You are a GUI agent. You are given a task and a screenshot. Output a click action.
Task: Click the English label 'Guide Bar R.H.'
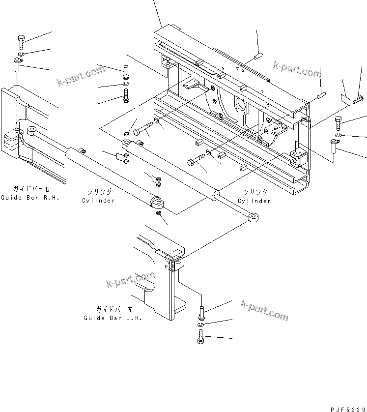pos(30,198)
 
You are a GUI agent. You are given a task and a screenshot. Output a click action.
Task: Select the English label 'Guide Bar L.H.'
pos(113,318)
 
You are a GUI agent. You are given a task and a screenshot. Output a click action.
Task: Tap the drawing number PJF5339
pos(348,410)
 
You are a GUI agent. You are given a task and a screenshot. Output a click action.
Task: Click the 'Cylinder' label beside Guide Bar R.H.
pos(98,201)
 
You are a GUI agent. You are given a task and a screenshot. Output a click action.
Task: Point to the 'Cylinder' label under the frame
pos(254,201)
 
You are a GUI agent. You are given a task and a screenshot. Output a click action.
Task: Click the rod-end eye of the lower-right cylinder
pos(254,217)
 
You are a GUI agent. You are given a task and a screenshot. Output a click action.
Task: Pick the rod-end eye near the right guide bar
pos(32,131)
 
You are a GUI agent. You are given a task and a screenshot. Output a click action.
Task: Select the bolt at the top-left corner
pos(21,42)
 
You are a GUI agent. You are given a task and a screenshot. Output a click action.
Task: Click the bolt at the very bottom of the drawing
pos(200,337)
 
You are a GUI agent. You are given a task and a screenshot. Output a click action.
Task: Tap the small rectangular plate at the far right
pos(345,99)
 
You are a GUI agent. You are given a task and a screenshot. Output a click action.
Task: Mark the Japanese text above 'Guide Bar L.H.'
pos(114,309)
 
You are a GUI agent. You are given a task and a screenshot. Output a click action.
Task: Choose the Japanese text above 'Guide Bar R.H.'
pos(31,189)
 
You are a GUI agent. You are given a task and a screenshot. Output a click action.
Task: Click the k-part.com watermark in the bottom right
pos(264,310)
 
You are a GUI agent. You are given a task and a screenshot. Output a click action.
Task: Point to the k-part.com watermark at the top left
pos(81,76)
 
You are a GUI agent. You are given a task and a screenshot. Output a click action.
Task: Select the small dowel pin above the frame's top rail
pos(258,57)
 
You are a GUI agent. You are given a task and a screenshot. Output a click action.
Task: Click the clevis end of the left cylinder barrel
pos(158,202)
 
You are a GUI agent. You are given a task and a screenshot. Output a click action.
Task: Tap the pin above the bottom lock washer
pos(201,312)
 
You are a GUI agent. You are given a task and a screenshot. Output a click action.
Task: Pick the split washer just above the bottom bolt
pos(201,325)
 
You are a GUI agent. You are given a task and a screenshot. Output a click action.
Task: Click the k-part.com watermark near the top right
pos(297,69)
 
